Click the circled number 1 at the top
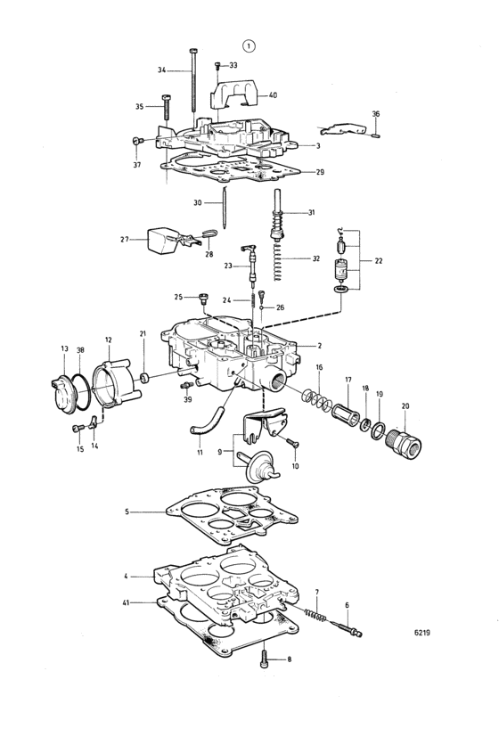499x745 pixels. (249, 45)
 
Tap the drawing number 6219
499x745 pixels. (422, 633)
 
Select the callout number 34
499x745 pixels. (162, 70)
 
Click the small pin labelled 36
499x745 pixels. (376, 136)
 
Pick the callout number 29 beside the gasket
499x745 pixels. (320, 172)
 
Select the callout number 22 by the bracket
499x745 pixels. (379, 261)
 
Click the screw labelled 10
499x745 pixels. (291, 442)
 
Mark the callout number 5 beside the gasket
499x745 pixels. (127, 512)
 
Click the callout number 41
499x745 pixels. (126, 603)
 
